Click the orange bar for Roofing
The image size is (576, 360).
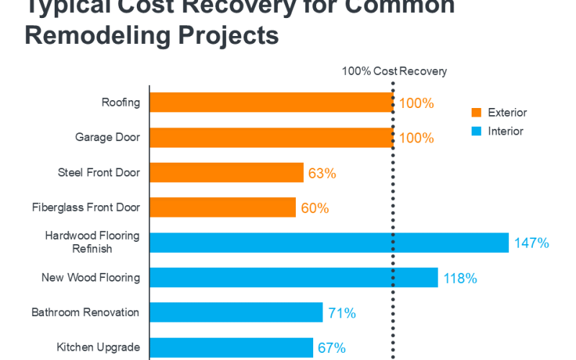click(271, 102)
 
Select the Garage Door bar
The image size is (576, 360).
click(271, 138)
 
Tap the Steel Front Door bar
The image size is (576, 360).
click(226, 173)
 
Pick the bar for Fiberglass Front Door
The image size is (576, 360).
click(222, 207)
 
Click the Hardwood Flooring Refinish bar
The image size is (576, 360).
click(328, 243)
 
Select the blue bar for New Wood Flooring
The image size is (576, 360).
click(293, 277)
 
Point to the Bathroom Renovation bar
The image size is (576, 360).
click(235, 312)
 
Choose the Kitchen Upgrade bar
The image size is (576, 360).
click(231, 347)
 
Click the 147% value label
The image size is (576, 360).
click(531, 243)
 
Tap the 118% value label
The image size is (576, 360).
click(460, 278)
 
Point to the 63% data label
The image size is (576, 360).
click(322, 174)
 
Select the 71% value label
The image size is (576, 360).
click(341, 313)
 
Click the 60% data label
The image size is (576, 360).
click(314, 208)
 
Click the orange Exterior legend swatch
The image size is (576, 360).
click(476, 113)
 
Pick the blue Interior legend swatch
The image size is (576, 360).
click(476, 132)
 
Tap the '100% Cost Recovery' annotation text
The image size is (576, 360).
click(394, 71)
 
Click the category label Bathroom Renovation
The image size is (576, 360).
click(85, 312)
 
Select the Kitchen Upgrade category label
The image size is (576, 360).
click(98, 347)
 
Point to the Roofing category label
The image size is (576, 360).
click(120, 102)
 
